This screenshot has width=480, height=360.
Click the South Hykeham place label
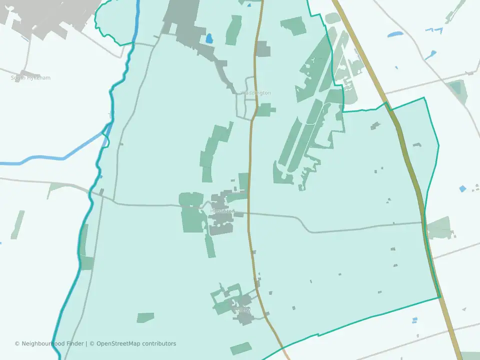pos(30,78)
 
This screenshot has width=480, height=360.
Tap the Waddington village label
pos(255,93)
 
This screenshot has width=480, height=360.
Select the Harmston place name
pos(222,211)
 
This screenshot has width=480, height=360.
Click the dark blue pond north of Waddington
pos(208,38)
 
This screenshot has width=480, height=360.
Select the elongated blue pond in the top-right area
pos(395,34)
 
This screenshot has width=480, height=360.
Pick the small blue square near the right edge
pos(462,188)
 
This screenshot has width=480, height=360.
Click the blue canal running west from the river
pos(50,160)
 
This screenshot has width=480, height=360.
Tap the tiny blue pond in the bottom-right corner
pos(414,320)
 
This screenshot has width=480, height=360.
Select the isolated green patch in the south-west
pos(145,317)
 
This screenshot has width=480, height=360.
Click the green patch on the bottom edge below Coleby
pos(241,348)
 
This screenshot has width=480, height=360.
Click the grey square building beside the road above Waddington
pos(263,49)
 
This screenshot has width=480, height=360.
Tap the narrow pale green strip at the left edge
pos(18,224)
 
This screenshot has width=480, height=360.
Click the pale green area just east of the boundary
pos(440,228)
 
